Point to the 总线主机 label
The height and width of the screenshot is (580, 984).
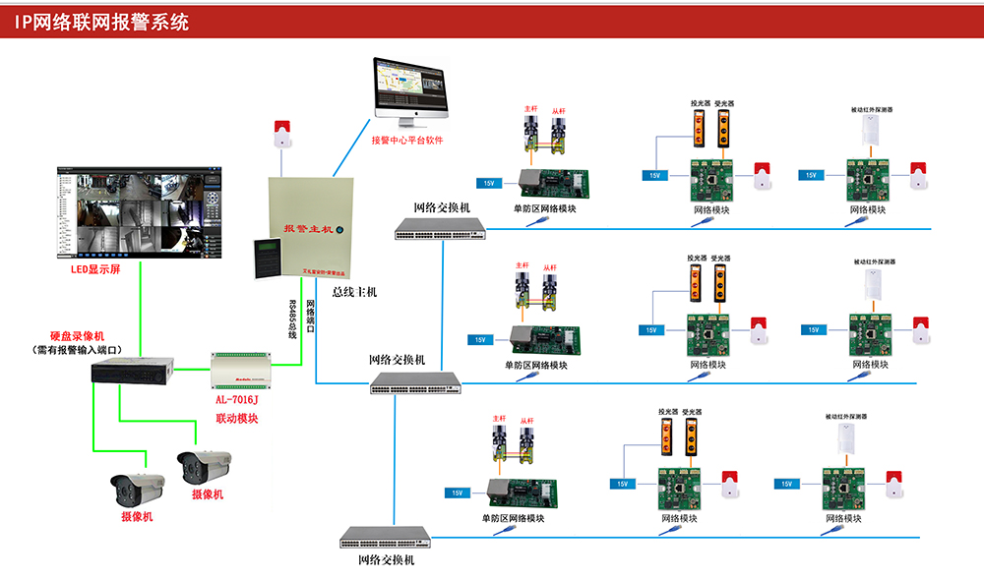pos(354,292)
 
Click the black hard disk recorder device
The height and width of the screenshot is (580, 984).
pos(132,371)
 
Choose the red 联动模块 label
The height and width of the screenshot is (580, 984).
pos(236,420)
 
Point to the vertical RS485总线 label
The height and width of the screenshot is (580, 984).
pos(292,320)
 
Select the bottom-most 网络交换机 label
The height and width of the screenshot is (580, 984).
pos(385,559)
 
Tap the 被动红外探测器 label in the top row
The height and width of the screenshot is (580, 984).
pos(870,110)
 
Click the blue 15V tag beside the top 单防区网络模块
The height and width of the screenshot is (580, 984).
pos(489,183)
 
